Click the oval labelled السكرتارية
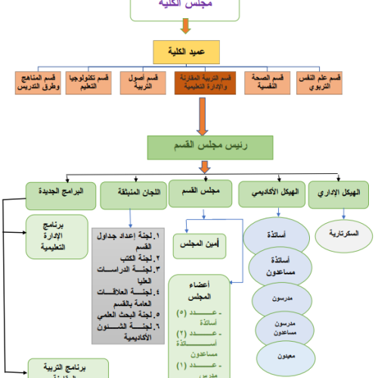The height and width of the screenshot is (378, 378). coord(339,234)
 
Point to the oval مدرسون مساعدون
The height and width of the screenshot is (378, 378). coord(278,325)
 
